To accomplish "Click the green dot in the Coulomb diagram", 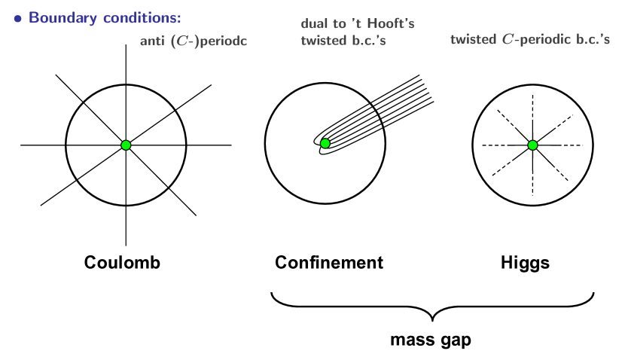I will tap(126, 145).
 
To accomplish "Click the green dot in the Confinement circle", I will tap(325, 143).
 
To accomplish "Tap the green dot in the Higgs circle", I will tap(532, 145).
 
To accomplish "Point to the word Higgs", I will tap(525, 264).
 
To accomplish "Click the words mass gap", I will tap(431, 340).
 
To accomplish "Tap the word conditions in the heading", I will tap(139, 17).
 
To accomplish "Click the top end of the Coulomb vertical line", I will tap(126, 46).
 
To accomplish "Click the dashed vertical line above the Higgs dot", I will tap(532, 113).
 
